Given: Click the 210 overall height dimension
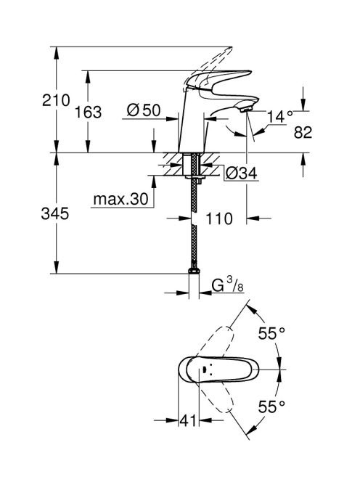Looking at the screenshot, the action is [x=57, y=100].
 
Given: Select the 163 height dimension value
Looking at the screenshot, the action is [x=89, y=113].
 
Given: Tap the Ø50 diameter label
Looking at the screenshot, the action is [x=144, y=110].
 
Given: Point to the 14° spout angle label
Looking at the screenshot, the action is [x=279, y=116].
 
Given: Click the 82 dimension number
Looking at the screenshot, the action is [x=303, y=133].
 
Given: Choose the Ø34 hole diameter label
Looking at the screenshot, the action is [x=242, y=173].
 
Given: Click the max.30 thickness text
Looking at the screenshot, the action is [x=120, y=200].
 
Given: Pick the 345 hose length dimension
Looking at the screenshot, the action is [x=55, y=213].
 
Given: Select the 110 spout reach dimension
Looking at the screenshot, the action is [x=219, y=219].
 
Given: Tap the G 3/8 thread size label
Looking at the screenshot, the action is [x=227, y=285].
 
